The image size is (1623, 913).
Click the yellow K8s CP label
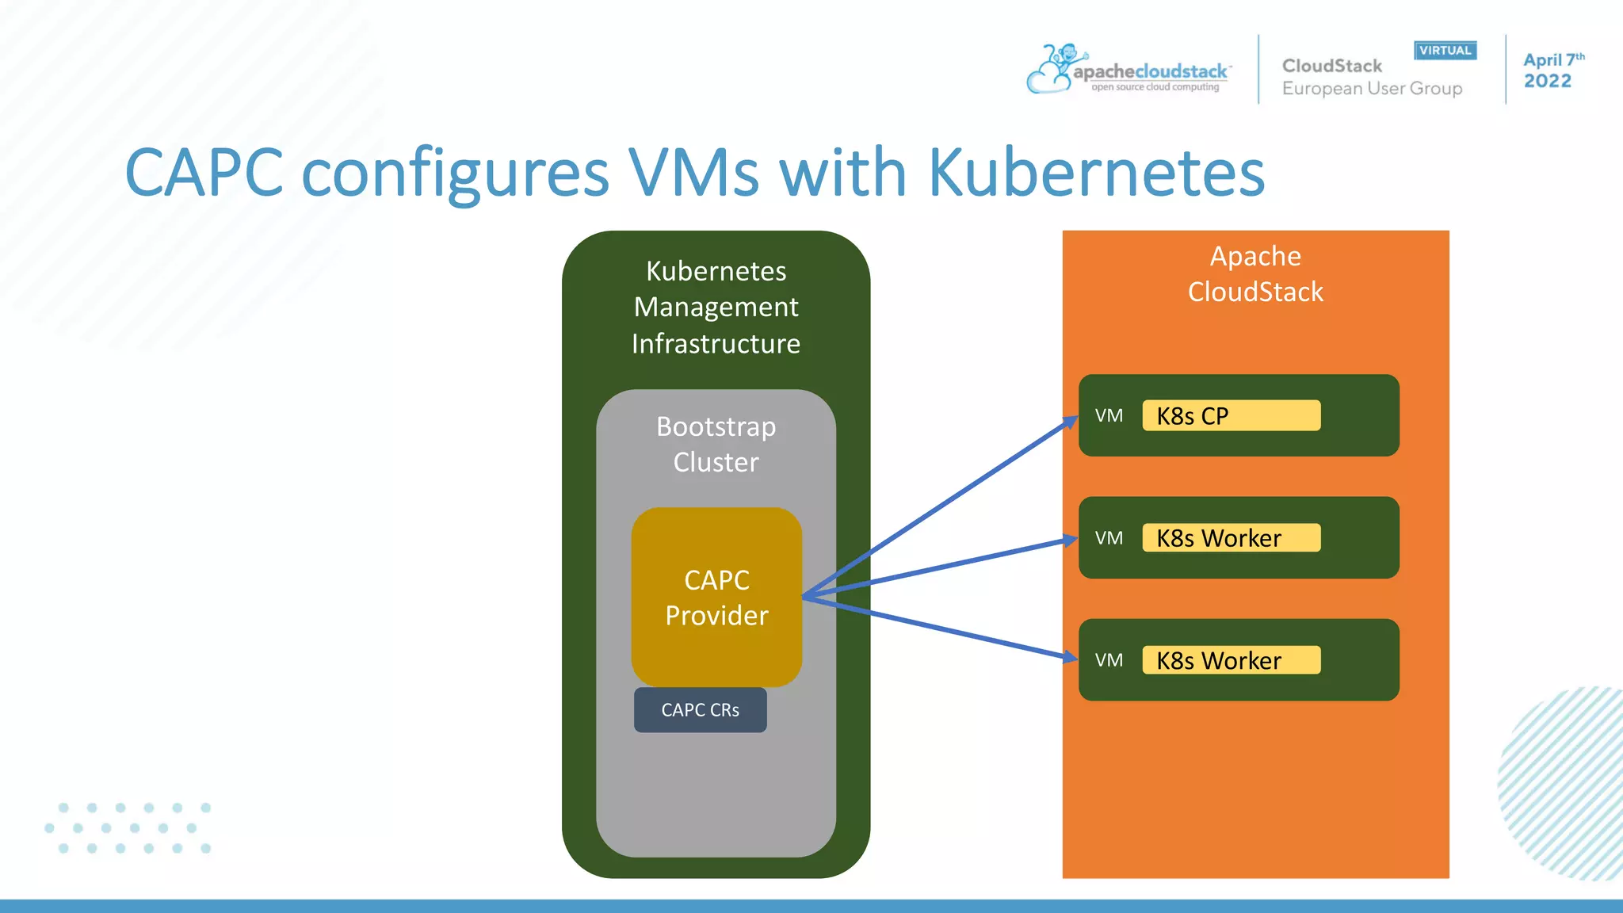click(x=1231, y=415)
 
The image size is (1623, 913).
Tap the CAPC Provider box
click(x=716, y=597)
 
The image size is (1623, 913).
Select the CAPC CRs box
click(x=700, y=710)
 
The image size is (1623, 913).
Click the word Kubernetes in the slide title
click(x=1096, y=173)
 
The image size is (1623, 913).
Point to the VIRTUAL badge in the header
click(x=1445, y=51)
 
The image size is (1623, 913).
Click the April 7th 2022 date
click(x=1552, y=71)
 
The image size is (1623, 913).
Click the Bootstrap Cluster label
click(x=716, y=444)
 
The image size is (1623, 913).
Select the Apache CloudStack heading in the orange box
click(x=1255, y=273)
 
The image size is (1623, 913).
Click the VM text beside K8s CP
click(x=1109, y=416)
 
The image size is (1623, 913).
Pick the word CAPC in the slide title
click(x=204, y=173)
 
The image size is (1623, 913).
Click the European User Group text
click(x=1372, y=89)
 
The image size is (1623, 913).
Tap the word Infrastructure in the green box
click(x=716, y=344)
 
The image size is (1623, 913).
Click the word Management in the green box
click(x=716, y=307)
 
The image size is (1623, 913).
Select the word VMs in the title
click(x=693, y=173)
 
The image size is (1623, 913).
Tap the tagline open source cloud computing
click(x=1155, y=87)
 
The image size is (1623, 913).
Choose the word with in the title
click(x=843, y=173)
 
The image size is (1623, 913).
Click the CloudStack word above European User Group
click(x=1331, y=66)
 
